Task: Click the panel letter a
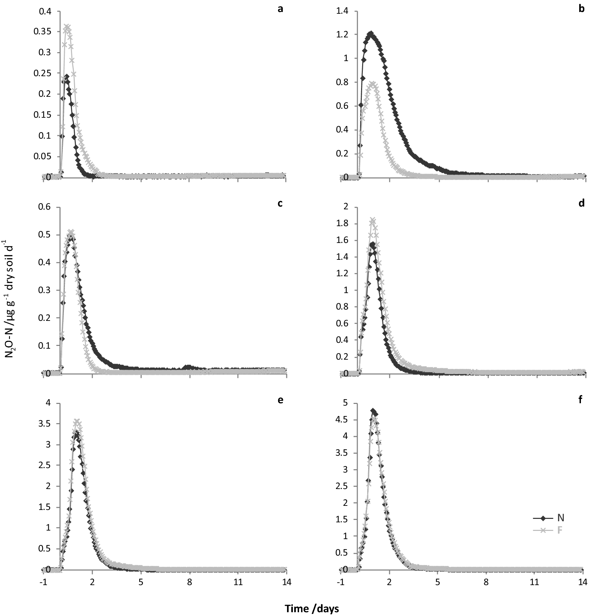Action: pos(281,9)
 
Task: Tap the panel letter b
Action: pos(581,9)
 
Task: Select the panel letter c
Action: pos(280,204)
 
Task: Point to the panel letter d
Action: pos(581,204)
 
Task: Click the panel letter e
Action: pos(281,400)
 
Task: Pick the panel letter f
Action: pos(581,400)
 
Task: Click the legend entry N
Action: pos(560,518)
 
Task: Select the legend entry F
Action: pos(560,530)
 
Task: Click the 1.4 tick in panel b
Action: pos(343,11)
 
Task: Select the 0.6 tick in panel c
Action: pos(46,207)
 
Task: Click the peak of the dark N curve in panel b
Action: pos(371,34)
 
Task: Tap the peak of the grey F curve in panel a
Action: pos(68,27)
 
